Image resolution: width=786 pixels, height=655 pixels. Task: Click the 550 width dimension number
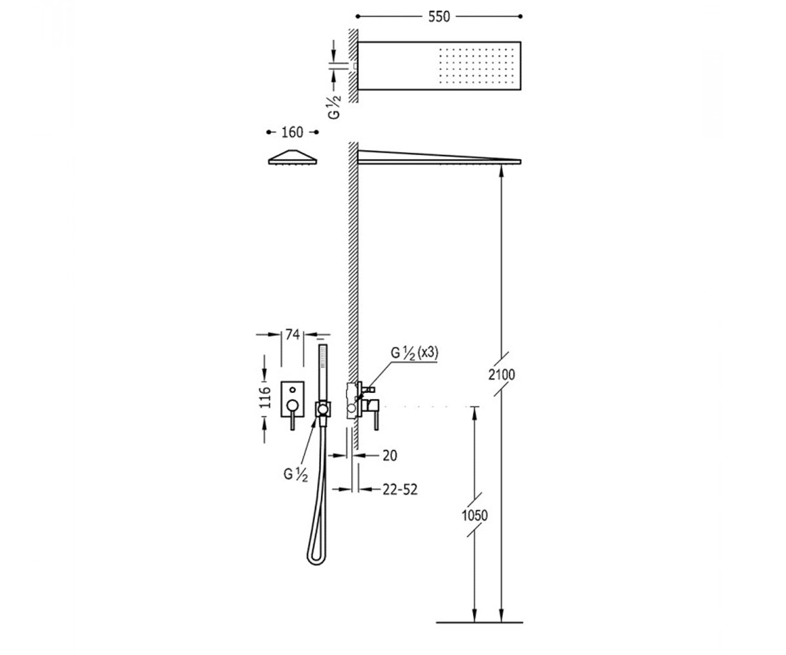click(439, 16)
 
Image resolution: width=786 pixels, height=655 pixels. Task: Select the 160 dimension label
click(292, 132)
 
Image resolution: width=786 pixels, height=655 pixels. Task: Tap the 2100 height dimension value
click(502, 375)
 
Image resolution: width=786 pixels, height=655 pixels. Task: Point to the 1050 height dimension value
click(475, 515)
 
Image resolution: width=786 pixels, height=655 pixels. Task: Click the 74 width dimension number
click(293, 334)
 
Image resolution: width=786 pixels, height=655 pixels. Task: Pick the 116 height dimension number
click(265, 397)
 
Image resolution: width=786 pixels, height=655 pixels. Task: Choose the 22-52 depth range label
click(400, 489)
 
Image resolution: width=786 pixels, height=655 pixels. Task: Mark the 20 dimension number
click(390, 455)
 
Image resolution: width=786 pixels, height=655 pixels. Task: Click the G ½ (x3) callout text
click(415, 353)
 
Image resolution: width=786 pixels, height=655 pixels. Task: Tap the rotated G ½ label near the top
click(335, 107)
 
